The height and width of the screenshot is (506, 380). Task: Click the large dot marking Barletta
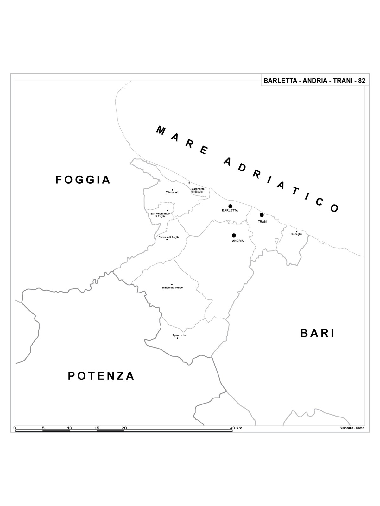click(230, 206)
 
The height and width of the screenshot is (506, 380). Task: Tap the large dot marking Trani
click(262, 215)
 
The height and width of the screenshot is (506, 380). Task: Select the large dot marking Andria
click(234, 235)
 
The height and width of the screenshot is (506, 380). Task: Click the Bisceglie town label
click(296, 234)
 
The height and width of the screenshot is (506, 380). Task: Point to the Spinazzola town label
click(179, 335)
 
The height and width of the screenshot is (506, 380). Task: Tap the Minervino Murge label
click(172, 288)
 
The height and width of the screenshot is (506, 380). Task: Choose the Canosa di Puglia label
click(169, 237)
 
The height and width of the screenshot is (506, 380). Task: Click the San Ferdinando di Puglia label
click(160, 215)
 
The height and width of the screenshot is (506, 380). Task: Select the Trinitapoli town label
click(172, 192)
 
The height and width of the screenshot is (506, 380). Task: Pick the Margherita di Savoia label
click(198, 190)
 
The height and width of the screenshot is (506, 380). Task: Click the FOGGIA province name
click(83, 180)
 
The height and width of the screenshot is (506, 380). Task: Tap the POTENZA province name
click(101, 376)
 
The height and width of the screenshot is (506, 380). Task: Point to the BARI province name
click(317, 333)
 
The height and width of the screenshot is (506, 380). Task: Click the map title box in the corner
click(314, 81)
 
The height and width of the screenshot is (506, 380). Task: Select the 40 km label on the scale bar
click(236, 428)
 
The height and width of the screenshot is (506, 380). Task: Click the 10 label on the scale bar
click(69, 428)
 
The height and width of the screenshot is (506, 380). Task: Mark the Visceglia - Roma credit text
click(352, 428)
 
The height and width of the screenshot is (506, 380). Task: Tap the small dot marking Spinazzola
click(177, 338)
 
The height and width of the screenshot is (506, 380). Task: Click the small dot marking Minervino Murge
click(172, 284)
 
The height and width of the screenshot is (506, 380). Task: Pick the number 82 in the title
click(362, 81)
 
